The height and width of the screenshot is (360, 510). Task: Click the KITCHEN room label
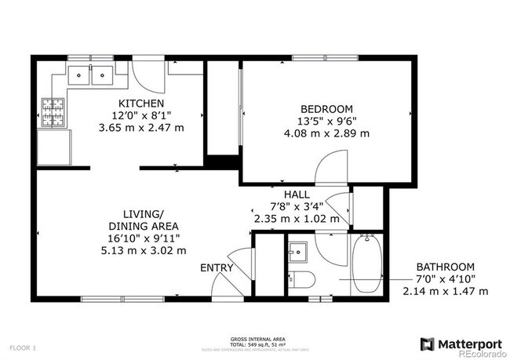[x=141, y=104]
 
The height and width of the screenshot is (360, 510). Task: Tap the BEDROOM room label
[x=326, y=109]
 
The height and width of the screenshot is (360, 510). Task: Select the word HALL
[x=297, y=194]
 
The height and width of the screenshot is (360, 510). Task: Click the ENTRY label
[x=217, y=267]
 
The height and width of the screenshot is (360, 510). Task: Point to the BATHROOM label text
[x=445, y=266]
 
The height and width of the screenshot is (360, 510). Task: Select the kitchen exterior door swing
[x=150, y=74]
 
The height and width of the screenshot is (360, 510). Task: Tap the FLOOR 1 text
[x=24, y=346]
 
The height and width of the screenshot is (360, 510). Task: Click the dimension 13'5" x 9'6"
[x=326, y=122]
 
